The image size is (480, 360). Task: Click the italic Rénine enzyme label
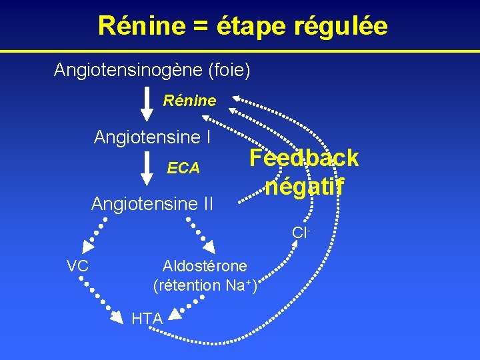[x=190, y=101]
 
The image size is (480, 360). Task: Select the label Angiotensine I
[x=153, y=137]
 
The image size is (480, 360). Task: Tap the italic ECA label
[x=183, y=169]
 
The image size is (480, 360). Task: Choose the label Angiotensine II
[x=152, y=203]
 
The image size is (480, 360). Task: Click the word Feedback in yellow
[x=304, y=158]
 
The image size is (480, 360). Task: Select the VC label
[x=78, y=266]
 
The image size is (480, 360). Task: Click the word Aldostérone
[x=205, y=266]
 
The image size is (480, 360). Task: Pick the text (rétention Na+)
[x=205, y=285]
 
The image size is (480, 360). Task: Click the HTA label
[x=147, y=319]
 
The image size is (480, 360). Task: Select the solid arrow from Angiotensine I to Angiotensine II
[x=146, y=169]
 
